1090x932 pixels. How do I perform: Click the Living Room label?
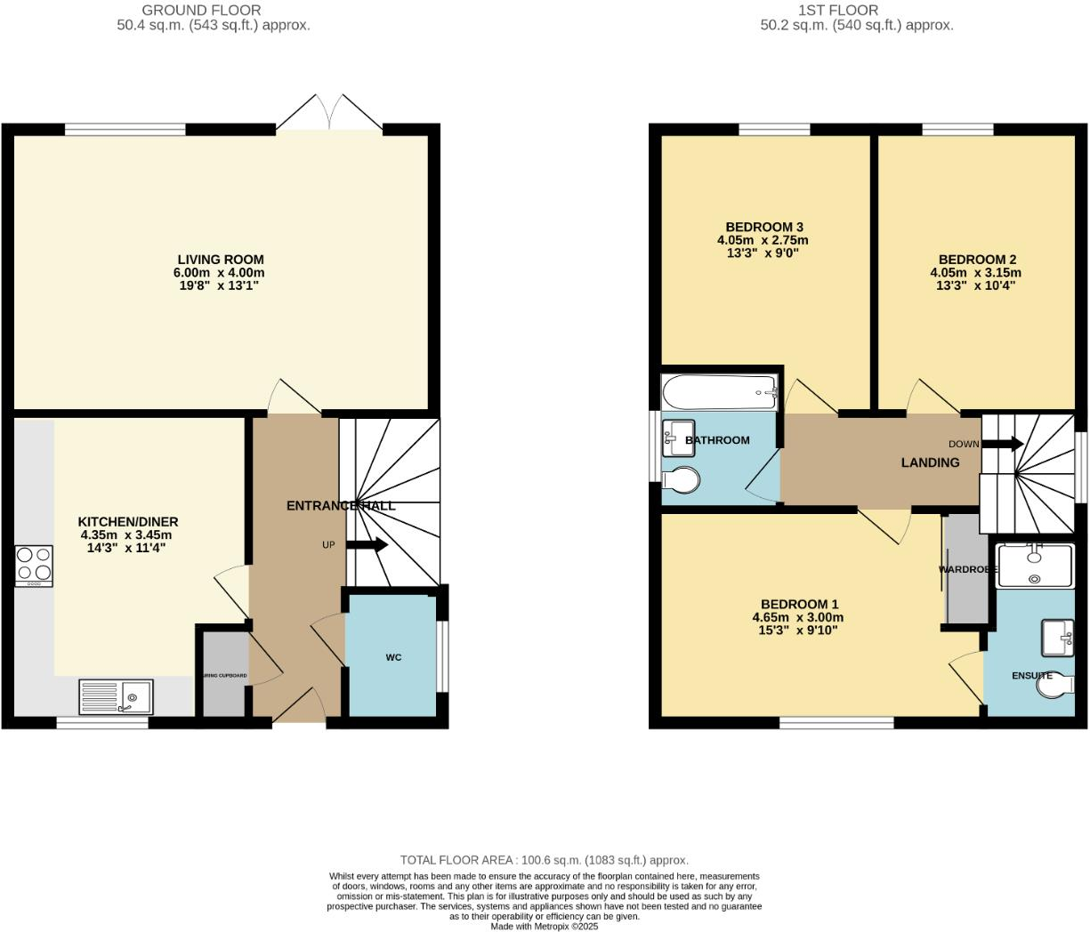pos(219,260)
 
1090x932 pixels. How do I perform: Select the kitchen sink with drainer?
pos(116,697)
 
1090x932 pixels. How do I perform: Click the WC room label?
pos(393,657)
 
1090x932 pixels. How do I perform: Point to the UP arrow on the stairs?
pos(367,544)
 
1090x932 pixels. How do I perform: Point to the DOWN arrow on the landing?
pos(1002,444)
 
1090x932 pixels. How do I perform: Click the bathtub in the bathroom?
pos(719,392)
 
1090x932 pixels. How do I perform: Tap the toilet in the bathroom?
pos(682,480)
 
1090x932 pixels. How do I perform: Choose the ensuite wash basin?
pos(1058,637)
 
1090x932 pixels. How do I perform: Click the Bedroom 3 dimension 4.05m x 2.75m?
pos(763,240)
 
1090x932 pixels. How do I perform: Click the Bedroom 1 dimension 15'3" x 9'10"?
pos(797,631)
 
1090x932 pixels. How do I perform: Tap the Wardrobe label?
pos(963,569)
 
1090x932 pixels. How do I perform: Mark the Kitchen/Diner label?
pos(128,522)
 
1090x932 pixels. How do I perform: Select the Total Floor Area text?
pos(544,860)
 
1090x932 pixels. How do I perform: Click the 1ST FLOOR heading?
pos(837,11)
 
